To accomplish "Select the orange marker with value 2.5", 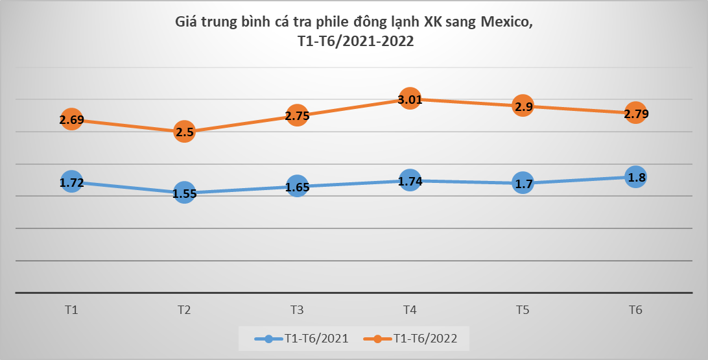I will (184, 132).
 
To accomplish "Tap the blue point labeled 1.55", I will (184, 193).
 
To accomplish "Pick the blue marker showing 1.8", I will (635, 177).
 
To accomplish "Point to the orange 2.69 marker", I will (71, 120).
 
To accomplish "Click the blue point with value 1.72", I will (71, 183).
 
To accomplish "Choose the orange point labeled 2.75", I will (297, 116).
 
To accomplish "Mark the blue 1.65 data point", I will (297, 187).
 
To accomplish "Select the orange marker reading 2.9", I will (523, 106).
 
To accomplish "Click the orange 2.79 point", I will (635, 114).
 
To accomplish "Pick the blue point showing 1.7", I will (523, 184).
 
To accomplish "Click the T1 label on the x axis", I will (71, 310).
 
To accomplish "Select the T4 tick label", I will (410, 310).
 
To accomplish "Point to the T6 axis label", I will (635, 310).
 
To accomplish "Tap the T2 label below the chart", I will (184, 310).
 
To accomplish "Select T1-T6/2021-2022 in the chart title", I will (354, 41).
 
